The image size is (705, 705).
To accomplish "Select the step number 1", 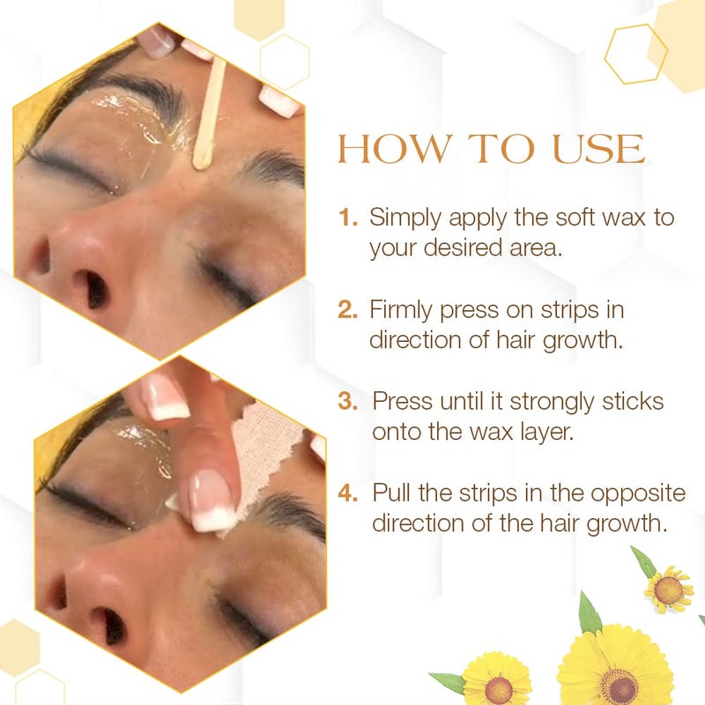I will (x=347, y=218).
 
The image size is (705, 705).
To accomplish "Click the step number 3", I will (x=348, y=402).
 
